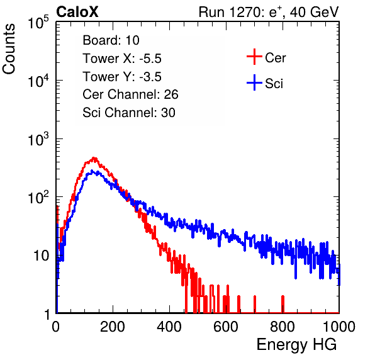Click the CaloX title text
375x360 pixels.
tap(77, 12)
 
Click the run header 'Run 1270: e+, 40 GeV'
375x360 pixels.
tap(269, 12)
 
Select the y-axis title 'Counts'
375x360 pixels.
tap(9, 49)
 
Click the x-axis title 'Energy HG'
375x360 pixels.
tap(296, 344)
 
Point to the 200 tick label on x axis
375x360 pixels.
tap(113, 327)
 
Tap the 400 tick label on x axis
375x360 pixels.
tap(169, 327)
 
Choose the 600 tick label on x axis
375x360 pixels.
tap(226, 327)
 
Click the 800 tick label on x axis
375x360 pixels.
tap(283, 327)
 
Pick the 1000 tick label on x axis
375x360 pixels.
tap(339, 327)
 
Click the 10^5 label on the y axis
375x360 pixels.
tap(38, 23)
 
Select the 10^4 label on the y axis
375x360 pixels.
tap(38, 81)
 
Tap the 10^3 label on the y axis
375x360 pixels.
tap(38, 139)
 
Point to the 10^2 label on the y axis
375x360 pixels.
tap(38, 198)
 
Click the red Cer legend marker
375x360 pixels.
tap(254, 57)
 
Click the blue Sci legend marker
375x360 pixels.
tap(254, 83)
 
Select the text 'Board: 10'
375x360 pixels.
tap(111, 40)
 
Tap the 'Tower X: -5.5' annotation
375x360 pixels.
tap(122, 59)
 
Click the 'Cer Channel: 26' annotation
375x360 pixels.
tap(130, 94)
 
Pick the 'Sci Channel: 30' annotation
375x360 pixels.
tap(129, 113)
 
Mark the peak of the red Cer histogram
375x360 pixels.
tap(94, 158)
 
